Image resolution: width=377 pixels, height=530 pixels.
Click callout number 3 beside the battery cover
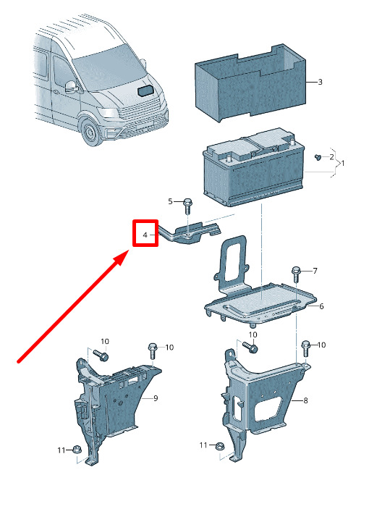[320, 82]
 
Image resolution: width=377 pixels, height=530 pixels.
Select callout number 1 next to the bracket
[343, 164]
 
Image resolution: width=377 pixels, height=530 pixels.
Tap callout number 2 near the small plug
[331, 157]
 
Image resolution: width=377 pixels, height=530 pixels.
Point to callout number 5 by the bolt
[170, 201]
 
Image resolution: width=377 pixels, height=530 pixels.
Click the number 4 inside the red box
[145, 235]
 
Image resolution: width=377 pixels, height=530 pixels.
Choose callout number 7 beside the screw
[315, 271]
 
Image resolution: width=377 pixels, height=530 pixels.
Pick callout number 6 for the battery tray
[321, 306]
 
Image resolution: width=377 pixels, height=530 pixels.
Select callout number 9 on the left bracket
[156, 398]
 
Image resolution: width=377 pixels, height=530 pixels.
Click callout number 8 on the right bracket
[305, 401]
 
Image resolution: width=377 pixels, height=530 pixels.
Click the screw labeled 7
[296, 274]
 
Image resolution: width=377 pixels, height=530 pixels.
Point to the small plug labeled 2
[318, 157]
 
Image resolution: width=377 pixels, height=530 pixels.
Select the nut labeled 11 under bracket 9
[77, 450]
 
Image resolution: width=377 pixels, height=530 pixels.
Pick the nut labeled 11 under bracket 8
[219, 446]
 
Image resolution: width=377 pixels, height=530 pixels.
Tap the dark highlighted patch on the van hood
[146, 91]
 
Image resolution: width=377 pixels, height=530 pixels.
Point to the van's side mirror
[72, 87]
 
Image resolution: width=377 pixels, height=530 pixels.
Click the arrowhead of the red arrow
[122, 257]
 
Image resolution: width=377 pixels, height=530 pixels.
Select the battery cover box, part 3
[251, 82]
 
